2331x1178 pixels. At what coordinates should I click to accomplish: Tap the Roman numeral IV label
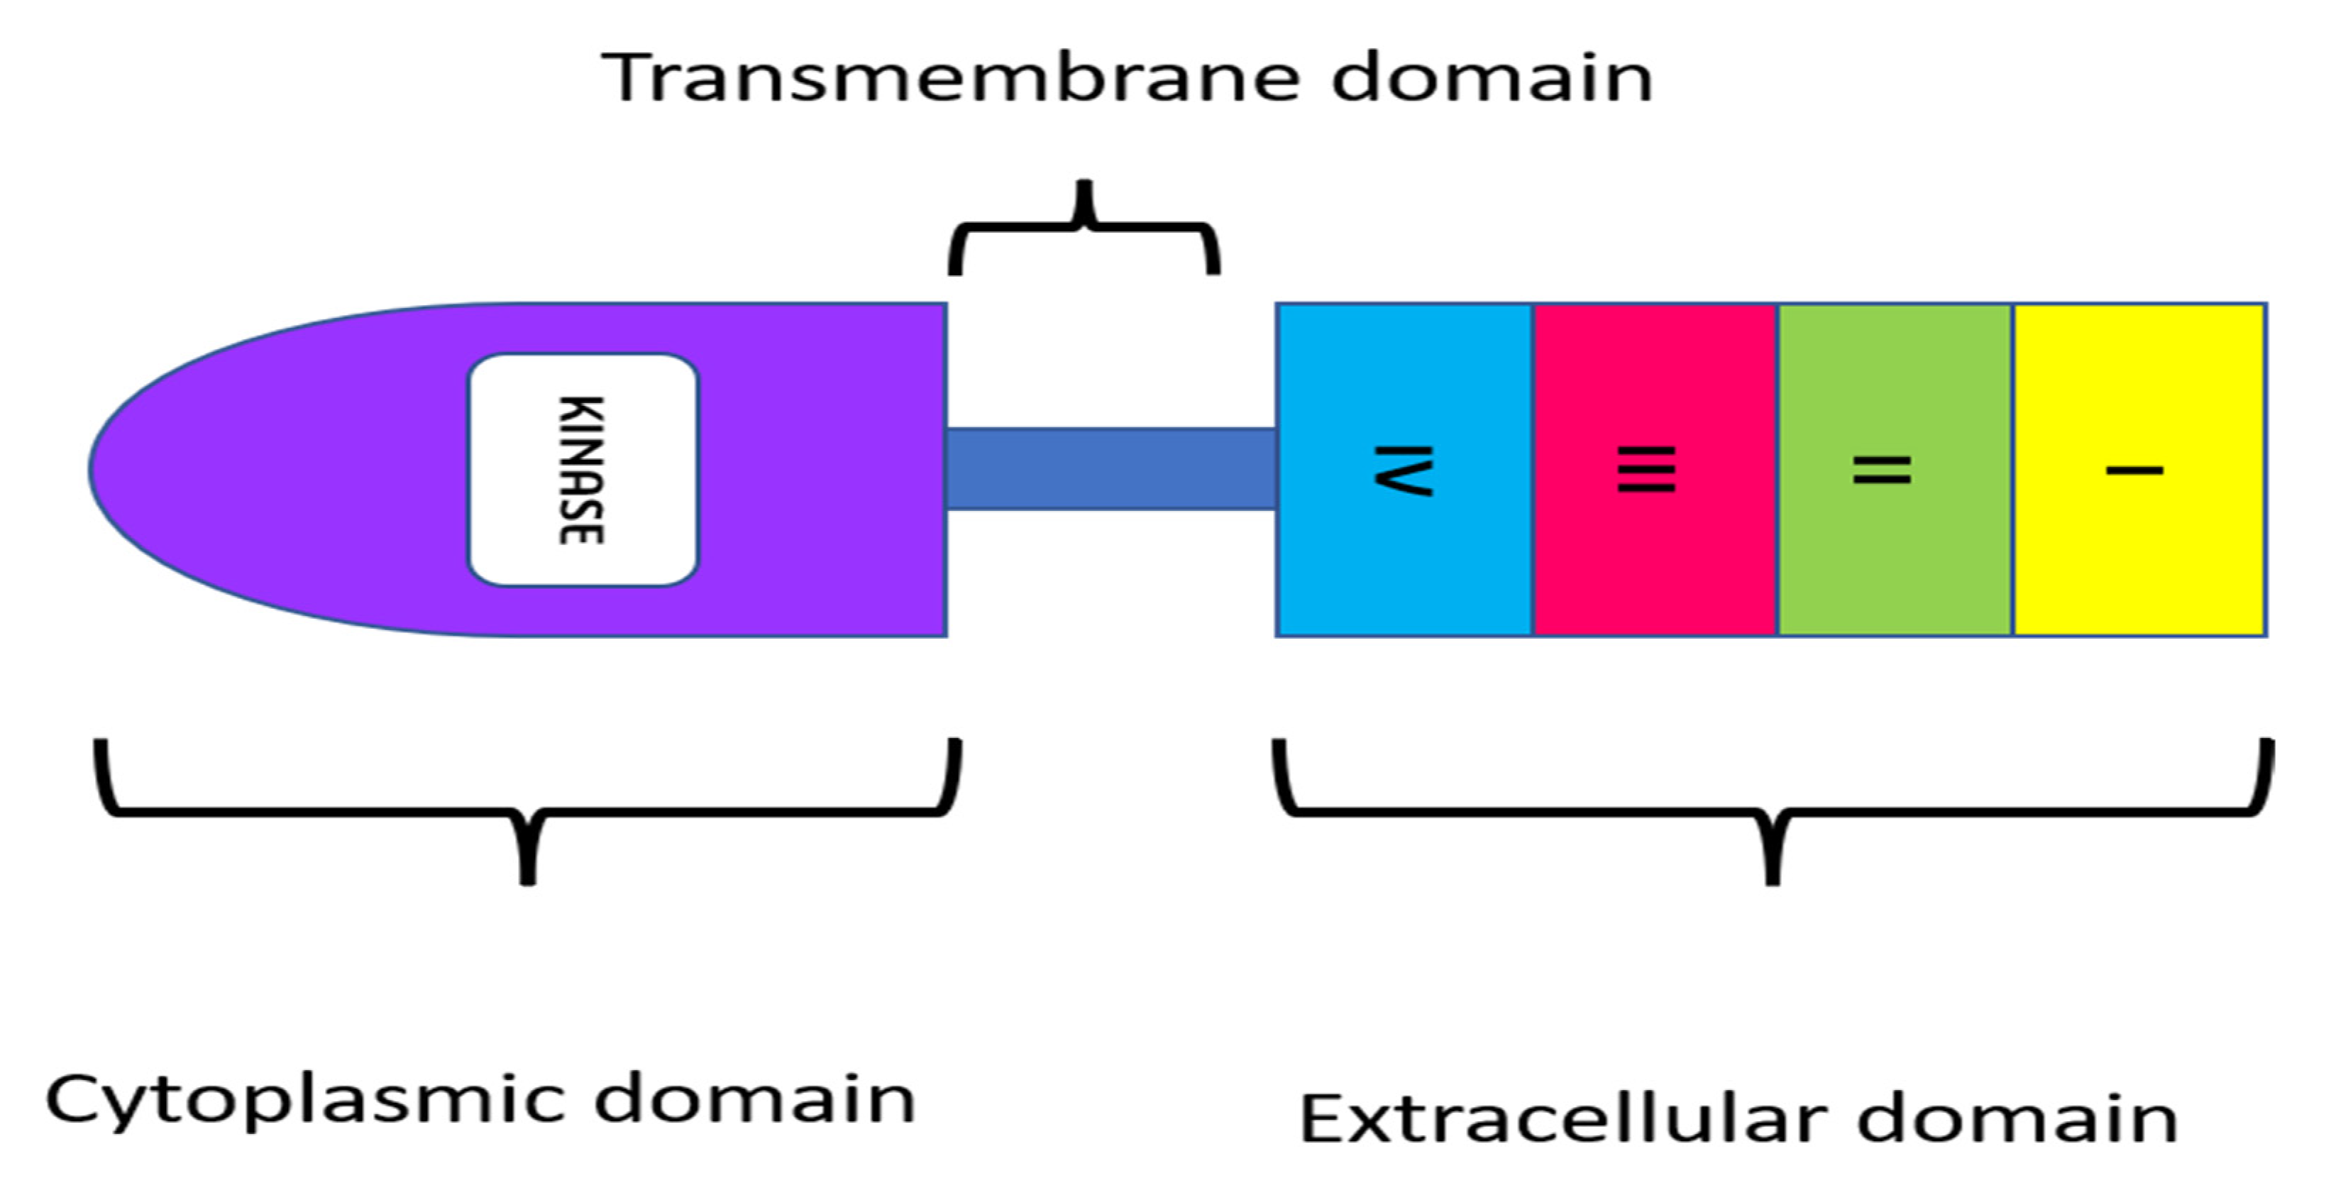click(1403, 470)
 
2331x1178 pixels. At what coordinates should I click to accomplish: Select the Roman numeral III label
click(1646, 470)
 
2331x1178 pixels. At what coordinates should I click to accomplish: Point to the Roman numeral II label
click(1882, 470)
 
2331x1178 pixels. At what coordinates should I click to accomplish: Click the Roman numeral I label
click(2134, 470)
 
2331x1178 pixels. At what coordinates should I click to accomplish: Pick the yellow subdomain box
click(2140, 561)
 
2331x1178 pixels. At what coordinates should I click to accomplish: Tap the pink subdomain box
click(1655, 561)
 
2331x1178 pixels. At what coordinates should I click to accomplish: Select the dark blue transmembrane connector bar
click(1111, 468)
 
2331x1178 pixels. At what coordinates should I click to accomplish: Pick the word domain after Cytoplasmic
click(755, 1099)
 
